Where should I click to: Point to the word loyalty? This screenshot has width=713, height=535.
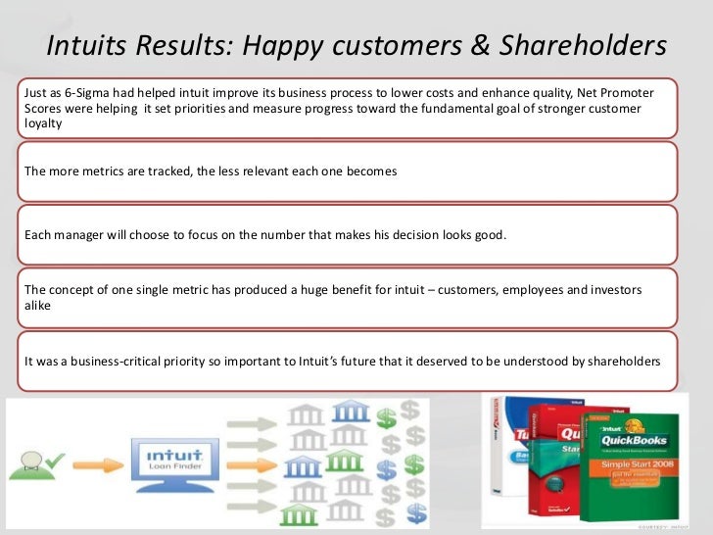click(43, 125)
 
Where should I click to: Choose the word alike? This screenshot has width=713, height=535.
click(38, 305)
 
